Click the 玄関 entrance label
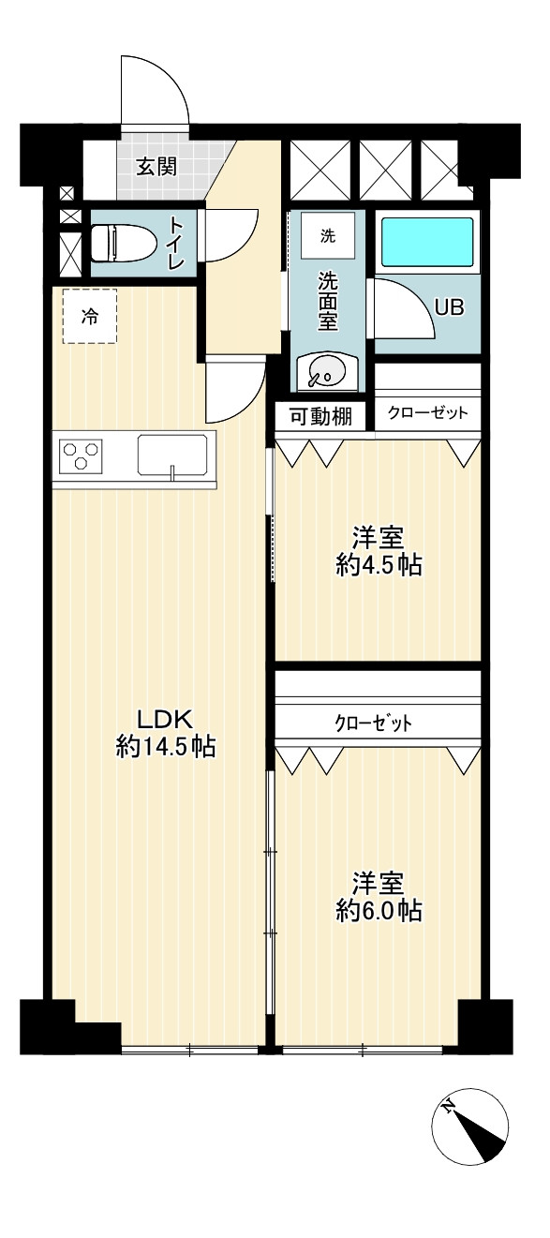[x=156, y=167]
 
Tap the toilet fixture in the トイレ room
[x=122, y=243]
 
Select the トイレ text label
[x=176, y=243]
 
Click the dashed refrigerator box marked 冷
[x=90, y=316]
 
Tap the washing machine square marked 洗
[x=328, y=236]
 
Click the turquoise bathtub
[x=428, y=242]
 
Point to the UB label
[x=449, y=306]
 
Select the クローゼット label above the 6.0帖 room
[x=373, y=723]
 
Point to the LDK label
[x=164, y=720]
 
